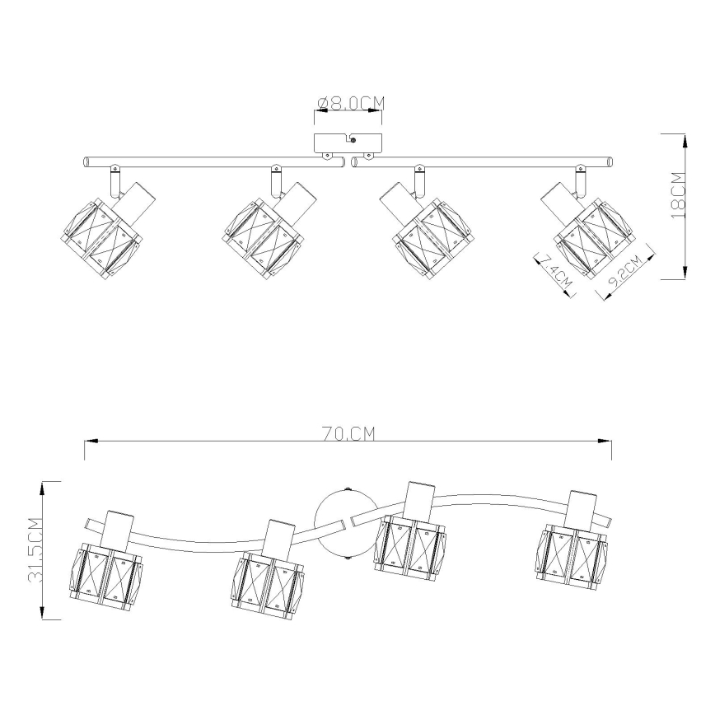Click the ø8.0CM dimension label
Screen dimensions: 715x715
point(350,103)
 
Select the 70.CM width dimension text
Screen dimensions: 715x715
point(348,434)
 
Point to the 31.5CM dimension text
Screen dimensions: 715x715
point(35,550)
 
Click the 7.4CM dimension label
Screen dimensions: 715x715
point(555,271)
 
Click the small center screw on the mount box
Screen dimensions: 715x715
point(353,143)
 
